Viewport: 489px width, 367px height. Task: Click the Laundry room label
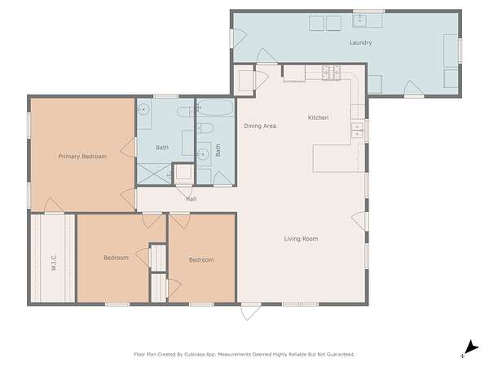pyautogui.click(x=360, y=42)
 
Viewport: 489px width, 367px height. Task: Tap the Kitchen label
pyautogui.click(x=318, y=117)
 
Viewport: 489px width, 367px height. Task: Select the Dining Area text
pyautogui.click(x=260, y=126)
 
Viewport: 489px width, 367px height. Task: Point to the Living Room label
pyautogui.click(x=301, y=239)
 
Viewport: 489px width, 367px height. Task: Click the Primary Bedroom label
pyautogui.click(x=82, y=157)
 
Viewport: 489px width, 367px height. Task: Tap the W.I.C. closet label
pyautogui.click(x=53, y=263)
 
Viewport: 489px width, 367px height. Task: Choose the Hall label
pyautogui.click(x=191, y=199)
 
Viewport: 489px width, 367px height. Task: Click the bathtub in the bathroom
pyautogui.click(x=215, y=108)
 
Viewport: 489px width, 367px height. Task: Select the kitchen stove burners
pyautogui.click(x=331, y=73)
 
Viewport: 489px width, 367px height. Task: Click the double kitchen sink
pyautogui.click(x=358, y=130)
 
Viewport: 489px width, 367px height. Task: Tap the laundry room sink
pyautogui.click(x=359, y=20)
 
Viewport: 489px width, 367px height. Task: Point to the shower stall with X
pyautogui.click(x=154, y=174)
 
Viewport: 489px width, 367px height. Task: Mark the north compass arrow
pyautogui.click(x=471, y=348)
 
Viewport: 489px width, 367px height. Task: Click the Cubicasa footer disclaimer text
pyautogui.click(x=244, y=354)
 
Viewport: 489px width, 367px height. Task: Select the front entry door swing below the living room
pyautogui.click(x=251, y=312)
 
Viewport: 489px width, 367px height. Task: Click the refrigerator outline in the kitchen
pyautogui.click(x=294, y=73)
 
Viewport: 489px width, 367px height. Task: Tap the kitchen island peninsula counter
pyautogui.click(x=339, y=158)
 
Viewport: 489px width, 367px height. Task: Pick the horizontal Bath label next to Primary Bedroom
pyautogui.click(x=162, y=148)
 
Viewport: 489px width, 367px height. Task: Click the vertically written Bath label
pyautogui.click(x=218, y=150)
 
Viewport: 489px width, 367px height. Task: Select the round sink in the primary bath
pyautogui.click(x=143, y=109)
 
